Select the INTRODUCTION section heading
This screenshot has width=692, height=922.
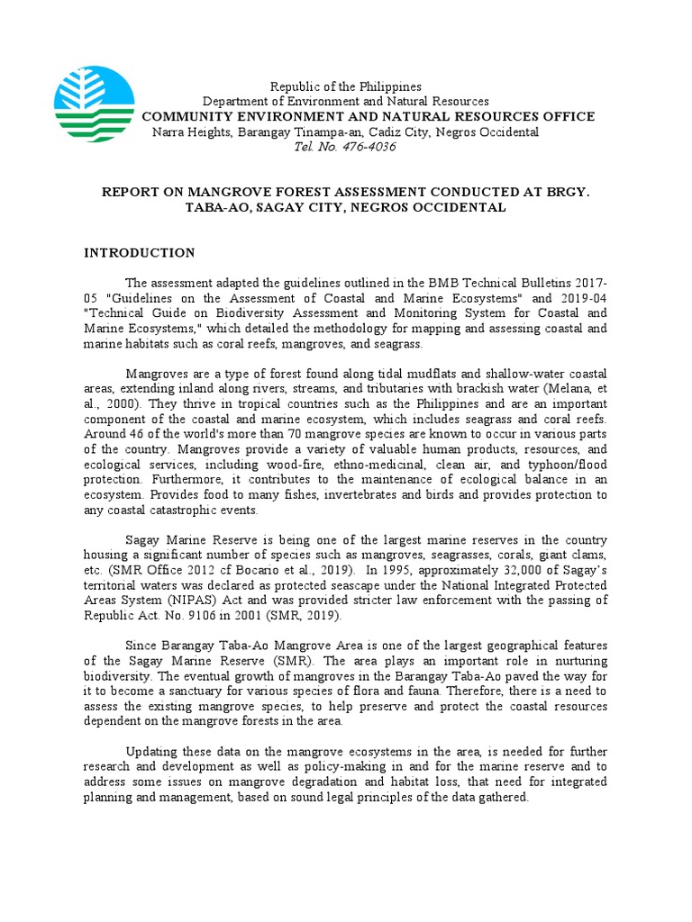(140, 253)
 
